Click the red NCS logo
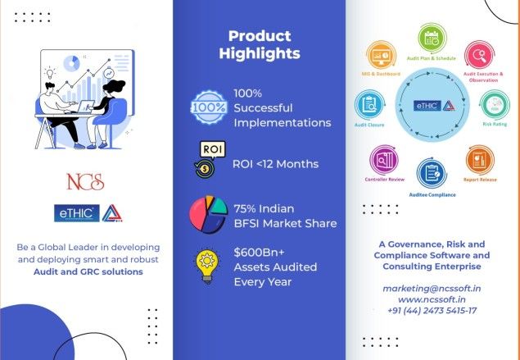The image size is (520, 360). click(85, 182)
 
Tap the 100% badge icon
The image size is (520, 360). click(209, 107)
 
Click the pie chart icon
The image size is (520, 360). click(208, 214)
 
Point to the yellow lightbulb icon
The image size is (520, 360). click(207, 267)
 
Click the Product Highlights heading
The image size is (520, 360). click(260, 44)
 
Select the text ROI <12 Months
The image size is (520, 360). click(276, 164)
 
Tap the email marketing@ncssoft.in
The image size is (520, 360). click(432, 289)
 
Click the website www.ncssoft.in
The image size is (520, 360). click(432, 299)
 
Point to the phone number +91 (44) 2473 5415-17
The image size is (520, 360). click(432, 311)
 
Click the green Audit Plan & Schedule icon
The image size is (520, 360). click(432, 39)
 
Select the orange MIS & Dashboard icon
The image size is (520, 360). click(381, 55)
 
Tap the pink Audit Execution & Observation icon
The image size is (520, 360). click(480, 55)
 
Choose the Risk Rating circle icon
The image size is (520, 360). click(495, 105)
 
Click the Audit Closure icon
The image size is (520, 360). click(369, 105)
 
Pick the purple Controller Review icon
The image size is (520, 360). click(384, 160)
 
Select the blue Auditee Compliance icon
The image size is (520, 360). click(432, 173)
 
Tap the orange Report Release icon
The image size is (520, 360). click(480, 160)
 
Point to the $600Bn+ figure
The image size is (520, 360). click(259, 253)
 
